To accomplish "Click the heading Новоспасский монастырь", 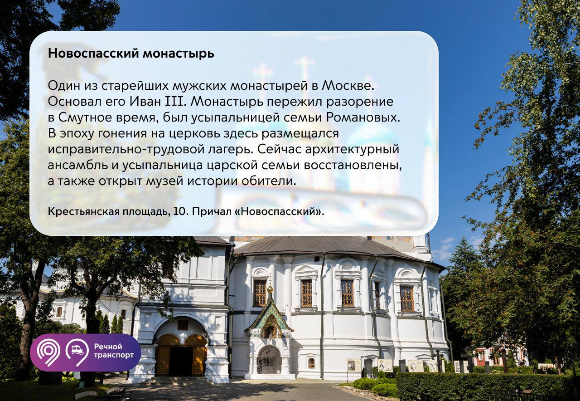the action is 131,54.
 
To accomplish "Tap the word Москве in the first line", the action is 348,86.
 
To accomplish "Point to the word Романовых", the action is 363,117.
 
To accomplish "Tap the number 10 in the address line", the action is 179,211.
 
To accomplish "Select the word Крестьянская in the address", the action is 83,212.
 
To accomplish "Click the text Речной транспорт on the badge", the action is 114,351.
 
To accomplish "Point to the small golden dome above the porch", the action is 270,288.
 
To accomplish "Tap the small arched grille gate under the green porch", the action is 269,360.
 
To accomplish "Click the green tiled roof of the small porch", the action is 269,313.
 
